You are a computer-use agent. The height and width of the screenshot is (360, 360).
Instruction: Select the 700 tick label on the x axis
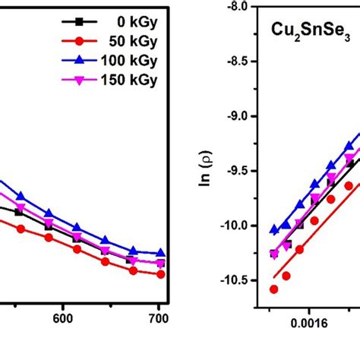(x=158, y=321)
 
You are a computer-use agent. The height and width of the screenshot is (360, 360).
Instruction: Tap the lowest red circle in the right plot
(x=273, y=289)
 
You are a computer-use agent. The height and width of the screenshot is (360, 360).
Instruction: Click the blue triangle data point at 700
(x=159, y=254)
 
